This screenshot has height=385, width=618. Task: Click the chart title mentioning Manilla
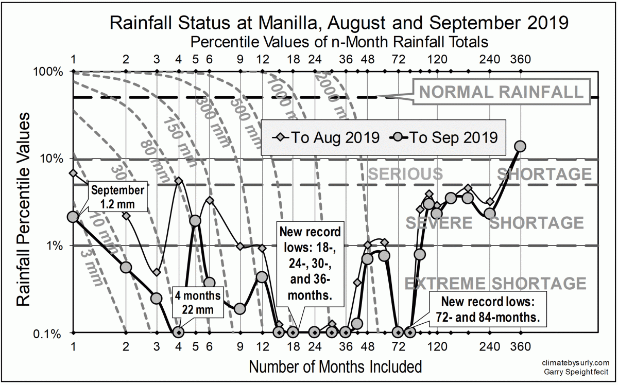click(339, 23)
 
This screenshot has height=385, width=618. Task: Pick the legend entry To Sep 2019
click(445, 137)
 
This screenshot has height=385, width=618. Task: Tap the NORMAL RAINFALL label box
click(502, 92)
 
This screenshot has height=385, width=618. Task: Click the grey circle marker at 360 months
click(521, 147)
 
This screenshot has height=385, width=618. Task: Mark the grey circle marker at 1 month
click(73, 217)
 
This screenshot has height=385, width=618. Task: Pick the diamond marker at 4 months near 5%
click(179, 181)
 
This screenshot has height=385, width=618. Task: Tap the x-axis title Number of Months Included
click(335, 367)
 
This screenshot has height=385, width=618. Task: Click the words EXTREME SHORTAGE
click(495, 284)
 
